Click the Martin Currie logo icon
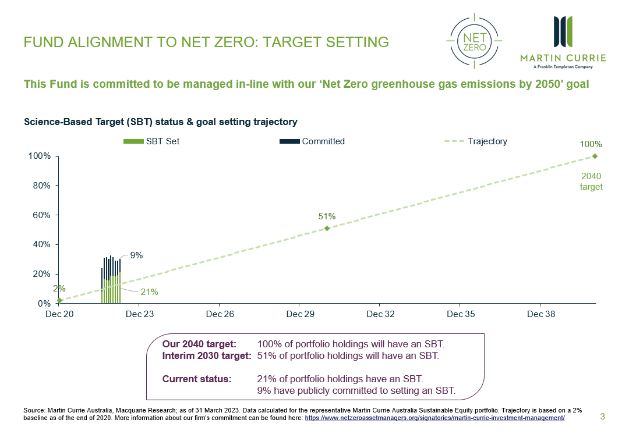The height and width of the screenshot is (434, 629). coord(563,33)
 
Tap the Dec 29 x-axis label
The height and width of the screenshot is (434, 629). coord(299,314)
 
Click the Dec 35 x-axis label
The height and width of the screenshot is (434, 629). coord(460,314)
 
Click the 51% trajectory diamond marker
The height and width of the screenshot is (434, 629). coord(327,228)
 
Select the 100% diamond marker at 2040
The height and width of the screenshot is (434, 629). coord(595,156)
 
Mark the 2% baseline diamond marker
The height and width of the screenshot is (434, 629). coord(59,300)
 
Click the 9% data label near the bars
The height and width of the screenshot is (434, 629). coord(136,255)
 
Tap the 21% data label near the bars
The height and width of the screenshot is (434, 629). coord(150,292)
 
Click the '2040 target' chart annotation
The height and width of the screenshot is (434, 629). coord(591,181)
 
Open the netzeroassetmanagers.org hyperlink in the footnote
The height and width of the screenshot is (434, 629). coord(434,418)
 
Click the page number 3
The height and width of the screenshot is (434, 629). coord(603,417)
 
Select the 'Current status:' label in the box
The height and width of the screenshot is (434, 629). coord(197,379)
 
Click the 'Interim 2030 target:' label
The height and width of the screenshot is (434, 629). coord(207,355)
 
